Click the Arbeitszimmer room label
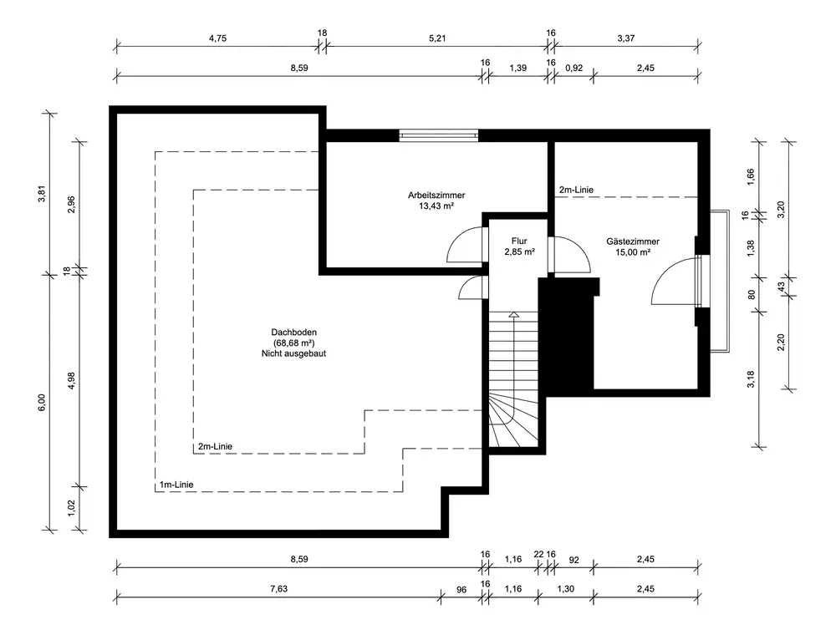coord(436,195)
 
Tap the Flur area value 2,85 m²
coord(519,251)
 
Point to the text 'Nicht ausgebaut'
coord(293,353)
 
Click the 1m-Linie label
coord(176,485)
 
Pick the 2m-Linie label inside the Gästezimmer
coord(576,190)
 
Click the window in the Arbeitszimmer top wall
coord(438,135)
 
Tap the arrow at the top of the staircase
coord(514,315)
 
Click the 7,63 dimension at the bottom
coord(278,589)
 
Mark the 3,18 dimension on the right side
coord(751,379)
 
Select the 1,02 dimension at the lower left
coord(71,508)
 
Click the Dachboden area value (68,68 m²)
coord(293,343)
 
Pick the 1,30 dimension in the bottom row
coord(565,589)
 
